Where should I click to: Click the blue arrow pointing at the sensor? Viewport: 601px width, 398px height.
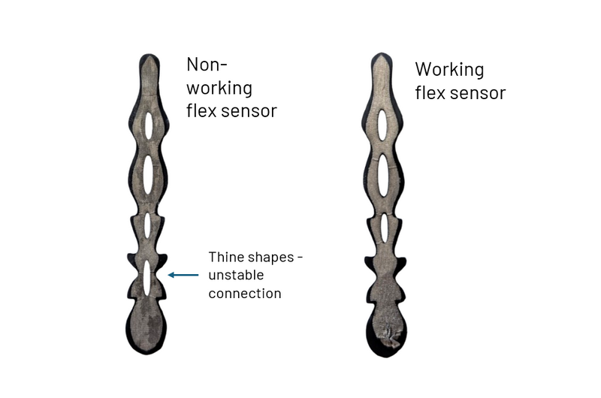(183, 275)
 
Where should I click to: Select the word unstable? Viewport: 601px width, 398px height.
(236, 275)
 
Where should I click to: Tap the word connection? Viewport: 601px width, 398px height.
(245, 294)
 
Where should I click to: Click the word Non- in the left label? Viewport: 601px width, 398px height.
(207, 65)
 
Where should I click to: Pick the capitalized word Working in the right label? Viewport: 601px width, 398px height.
(449, 70)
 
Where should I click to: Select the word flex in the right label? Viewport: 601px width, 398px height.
(430, 92)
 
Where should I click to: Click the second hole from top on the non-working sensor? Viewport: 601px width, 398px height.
(148, 175)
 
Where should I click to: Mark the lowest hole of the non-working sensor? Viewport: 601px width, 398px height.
(146, 278)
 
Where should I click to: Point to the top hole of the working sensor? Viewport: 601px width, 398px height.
(382, 125)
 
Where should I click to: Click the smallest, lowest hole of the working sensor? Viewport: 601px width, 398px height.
(384, 228)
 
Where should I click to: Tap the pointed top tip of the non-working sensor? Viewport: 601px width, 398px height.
(149, 54)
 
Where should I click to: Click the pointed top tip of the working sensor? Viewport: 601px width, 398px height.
(382, 53)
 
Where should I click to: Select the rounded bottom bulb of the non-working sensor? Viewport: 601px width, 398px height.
(146, 327)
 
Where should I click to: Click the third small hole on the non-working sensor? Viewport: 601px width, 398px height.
(147, 225)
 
